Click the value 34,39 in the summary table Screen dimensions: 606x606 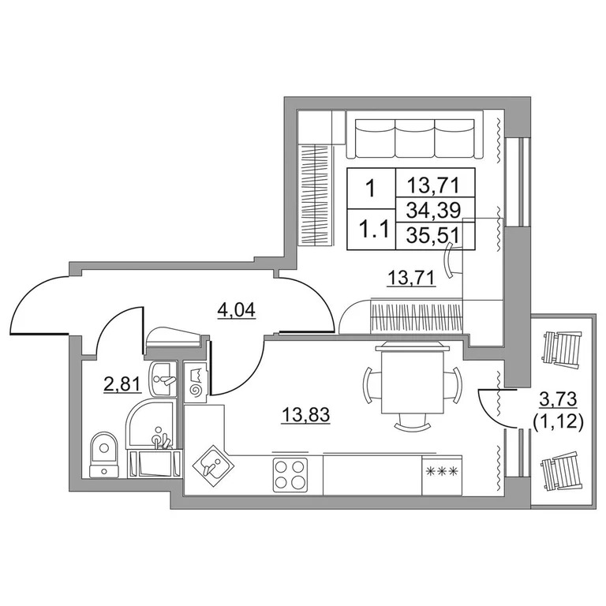[436, 211]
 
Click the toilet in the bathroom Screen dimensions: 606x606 [103, 454]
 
